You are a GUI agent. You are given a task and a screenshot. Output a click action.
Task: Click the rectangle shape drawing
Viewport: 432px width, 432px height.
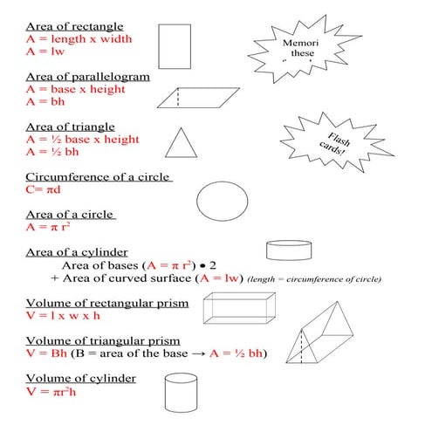pos(175,45)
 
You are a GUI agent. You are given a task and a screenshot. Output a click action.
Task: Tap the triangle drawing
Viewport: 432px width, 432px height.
pos(179,142)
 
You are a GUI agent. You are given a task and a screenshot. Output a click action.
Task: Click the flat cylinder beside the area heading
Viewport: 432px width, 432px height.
pos(288,252)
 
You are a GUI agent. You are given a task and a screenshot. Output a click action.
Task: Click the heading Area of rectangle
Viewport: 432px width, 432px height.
pos(73,27)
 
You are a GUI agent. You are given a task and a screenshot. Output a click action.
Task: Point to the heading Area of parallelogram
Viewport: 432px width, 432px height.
pos(87,77)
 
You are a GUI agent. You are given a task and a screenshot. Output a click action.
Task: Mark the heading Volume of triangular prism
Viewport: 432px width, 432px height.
pos(103,340)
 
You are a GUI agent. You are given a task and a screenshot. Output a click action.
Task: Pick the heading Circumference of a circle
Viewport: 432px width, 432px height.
pos(98,177)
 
